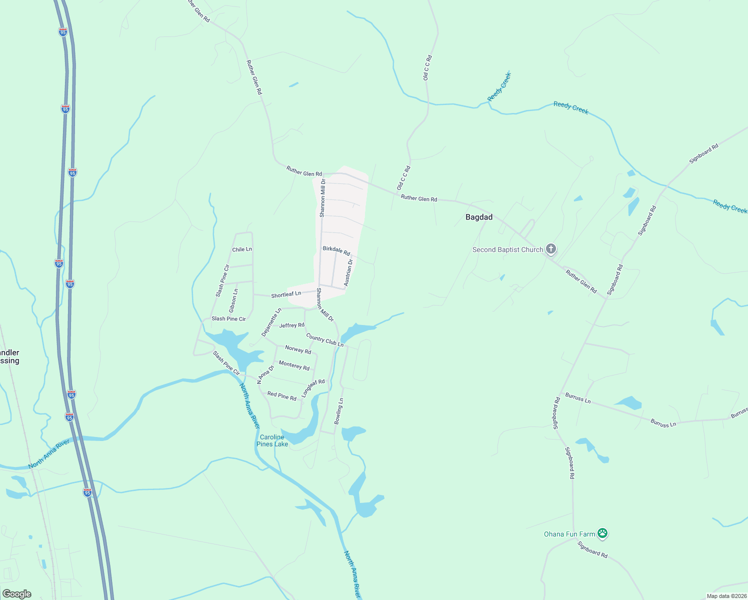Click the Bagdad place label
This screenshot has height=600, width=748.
pyautogui.click(x=478, y=217)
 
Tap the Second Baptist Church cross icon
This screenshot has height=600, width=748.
pyautogui.click(x=550, y=248)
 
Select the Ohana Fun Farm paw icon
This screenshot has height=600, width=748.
pyautogui.click(x=602, y=533)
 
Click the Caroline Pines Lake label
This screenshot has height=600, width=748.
pyautogui.click(x=272, y=440)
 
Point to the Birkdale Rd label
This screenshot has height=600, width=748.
pyautogui.click(x=336, y=250)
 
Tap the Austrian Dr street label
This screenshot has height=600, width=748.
pyautogui.click(x=348, y=272)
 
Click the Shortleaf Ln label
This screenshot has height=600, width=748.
pyautogui.click(x=286, y=294)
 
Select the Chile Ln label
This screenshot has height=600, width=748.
pyautogui.click(x=242, y=249)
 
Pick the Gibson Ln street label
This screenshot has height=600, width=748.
pyautogui.click(x=233, y=301)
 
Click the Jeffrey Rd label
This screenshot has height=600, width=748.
pyautogui.click(x=291, y=325)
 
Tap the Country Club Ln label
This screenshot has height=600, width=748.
pyautogui.click(x=324, y=340)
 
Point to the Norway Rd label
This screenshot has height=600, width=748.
pyautogui.click(x=298, y=350)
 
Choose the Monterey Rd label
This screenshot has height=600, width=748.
pyautogui.click(x=294, y=365)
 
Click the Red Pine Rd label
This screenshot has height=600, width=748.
pyautogui.click(x=281, y=396)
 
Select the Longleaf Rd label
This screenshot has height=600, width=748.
pyautogui.click(x=313, y=388)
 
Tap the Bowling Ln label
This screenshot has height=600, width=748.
pyautogui.click(x=339, y=411)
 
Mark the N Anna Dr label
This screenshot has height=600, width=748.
pyautogui.click(x=265, y=374)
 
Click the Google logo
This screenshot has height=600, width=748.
pyautogui.click(x=17, y=594)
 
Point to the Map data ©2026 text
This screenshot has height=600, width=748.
pyautogui.click(x=725, y=596)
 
